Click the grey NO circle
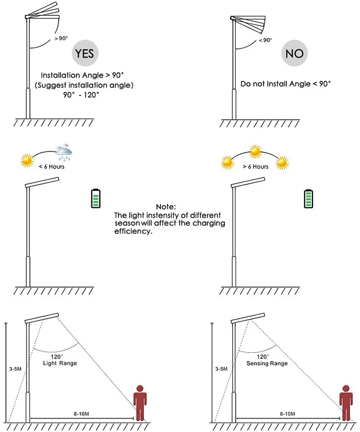point(294,53)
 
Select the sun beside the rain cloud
point(27,159)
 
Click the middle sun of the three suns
point(255,152)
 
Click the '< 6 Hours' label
point(52,167)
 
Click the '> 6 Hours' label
point(255,167)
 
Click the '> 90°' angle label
point(61,38)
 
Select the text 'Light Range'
point(60,364)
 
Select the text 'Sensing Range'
point(267,364)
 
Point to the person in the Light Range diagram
point(140,402)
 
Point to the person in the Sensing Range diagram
point(345,402)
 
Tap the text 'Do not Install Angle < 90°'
point(286,84)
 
